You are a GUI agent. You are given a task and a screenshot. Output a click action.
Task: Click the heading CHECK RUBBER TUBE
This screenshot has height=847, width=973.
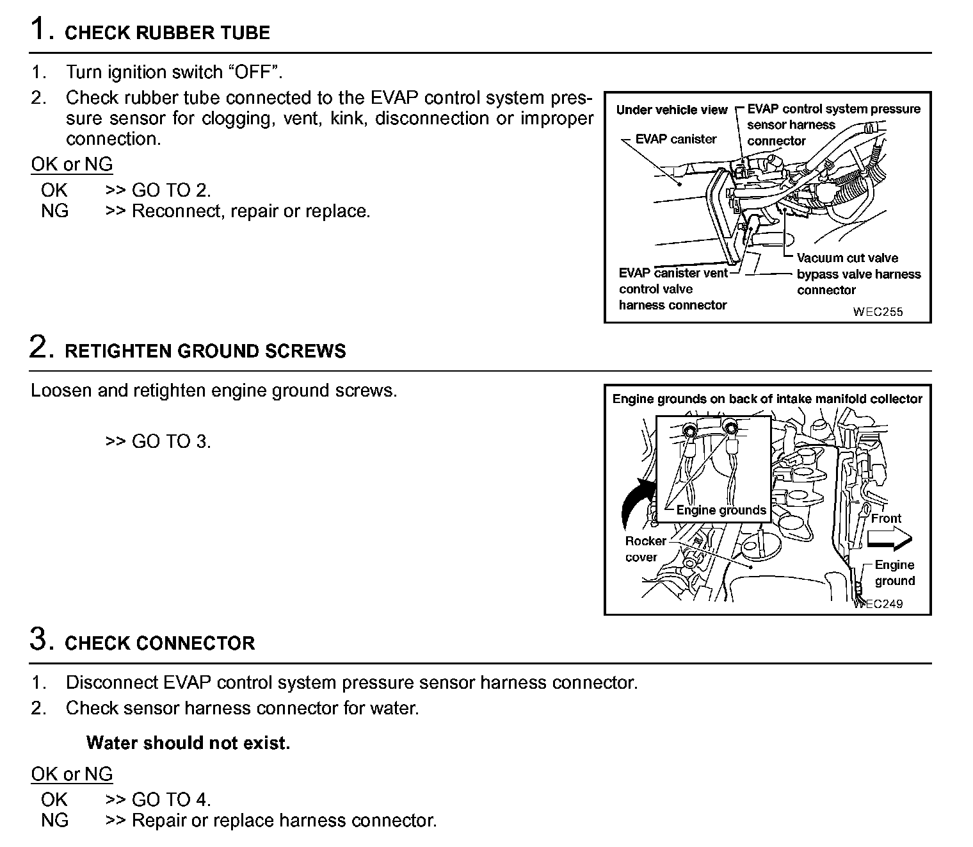tap(167, 33)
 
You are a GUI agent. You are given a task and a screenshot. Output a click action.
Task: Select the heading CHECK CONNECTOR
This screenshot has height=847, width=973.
tap(159, 643)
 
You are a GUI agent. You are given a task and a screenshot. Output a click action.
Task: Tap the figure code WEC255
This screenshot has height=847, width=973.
tap(877, 312)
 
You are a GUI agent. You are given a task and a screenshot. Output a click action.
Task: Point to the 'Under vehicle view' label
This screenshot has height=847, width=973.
tap(671, 110)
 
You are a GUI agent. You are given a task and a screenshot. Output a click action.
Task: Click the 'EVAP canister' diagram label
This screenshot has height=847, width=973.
tap(675, 139)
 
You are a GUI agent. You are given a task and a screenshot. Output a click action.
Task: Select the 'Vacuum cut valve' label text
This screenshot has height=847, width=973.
tap(847, 258)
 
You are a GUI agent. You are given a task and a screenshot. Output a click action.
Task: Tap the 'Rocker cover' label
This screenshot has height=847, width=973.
tap(645, 549)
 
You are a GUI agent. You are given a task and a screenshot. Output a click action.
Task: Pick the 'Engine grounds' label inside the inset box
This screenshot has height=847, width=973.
tap(721, 510)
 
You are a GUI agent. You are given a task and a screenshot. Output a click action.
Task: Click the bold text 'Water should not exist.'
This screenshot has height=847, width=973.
tap(188, 743)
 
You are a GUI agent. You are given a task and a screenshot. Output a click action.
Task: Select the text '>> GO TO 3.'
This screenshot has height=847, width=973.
tap(158, 441)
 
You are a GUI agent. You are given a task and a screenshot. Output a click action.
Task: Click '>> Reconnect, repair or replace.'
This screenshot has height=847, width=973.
tap(237, 211)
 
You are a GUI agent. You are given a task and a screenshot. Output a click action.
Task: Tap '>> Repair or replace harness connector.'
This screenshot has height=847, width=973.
tap(271, 820)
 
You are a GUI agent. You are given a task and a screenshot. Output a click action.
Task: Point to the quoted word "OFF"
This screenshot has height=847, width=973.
tap(255, 71)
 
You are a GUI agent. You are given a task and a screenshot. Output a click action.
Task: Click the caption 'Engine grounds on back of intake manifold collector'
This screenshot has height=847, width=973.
tap(767, 399)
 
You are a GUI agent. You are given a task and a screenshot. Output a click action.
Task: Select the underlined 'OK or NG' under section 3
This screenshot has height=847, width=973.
tap(72, 774)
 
